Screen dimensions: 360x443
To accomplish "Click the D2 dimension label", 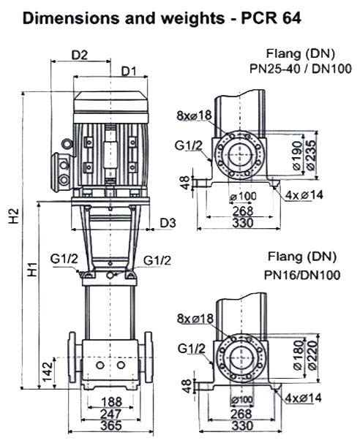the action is [80, 55].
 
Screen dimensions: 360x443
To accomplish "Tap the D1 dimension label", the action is [130, 72].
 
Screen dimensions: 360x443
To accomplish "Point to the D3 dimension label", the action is [168, 223].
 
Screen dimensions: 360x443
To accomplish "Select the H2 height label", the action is [14, 216].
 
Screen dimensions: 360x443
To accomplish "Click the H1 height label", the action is [33, 269].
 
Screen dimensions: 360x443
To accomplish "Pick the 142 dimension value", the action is [48, 371].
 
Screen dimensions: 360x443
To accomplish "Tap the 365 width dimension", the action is [111, 425].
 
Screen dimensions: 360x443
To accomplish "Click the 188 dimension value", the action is [111, 401].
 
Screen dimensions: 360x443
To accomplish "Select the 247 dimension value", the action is [111, 414].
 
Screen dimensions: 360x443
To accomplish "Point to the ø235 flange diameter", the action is [310, 155].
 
